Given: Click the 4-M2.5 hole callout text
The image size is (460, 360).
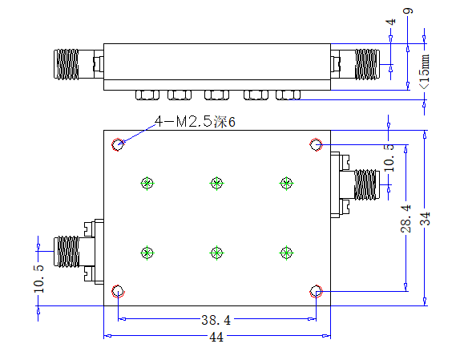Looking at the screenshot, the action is coord(195,121).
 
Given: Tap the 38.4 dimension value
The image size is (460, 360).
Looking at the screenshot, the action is coord(216,320).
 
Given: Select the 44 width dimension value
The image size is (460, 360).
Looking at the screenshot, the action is coord(216,337).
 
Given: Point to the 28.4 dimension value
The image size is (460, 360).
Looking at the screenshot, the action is coord(406,219).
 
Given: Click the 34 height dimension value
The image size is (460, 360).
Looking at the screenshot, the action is coord(425,219).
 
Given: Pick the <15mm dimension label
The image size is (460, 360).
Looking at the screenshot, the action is coord(425,71).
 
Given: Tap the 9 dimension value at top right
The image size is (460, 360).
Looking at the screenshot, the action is coord(409,11).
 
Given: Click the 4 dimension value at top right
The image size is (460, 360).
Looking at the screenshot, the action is coord(390,22).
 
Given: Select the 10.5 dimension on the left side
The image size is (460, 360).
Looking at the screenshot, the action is coord(38,279).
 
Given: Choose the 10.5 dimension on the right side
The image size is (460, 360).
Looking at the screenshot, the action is coord(389,158).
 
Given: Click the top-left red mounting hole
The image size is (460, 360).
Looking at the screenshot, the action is coord(118,144).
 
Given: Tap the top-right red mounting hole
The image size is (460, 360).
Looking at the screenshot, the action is coord(316,144).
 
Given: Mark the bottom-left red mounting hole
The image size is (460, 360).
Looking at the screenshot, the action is coord(118,291).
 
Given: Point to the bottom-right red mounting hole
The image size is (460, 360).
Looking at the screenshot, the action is coord(316,291).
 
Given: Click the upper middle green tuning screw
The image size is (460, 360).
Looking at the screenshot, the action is coord(217,184).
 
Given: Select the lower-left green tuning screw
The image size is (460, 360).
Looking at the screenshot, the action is coord(147,253).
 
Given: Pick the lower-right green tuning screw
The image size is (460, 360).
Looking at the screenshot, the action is coord(286,253).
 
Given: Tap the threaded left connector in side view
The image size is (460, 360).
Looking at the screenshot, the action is coord(67,64).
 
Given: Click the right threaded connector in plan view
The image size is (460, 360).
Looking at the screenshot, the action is coord(365,185).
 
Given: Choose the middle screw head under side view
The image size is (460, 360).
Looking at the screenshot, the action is coord(217,95).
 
